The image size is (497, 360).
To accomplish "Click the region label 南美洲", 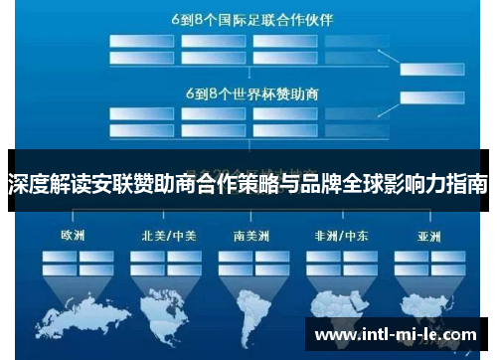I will coord(248,236).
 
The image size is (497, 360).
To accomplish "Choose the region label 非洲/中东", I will coord(335,236).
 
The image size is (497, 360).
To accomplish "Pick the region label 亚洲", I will coord(428,236).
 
